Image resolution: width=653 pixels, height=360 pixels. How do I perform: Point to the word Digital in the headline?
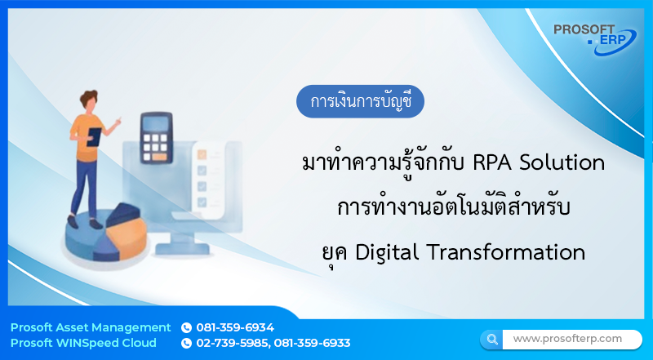coord(382,252)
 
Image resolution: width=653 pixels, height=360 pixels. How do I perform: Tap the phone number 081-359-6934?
coord(235,327)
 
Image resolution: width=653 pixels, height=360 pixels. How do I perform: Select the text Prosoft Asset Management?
coord(91,327)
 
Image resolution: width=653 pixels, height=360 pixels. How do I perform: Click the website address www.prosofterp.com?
coord(566,338)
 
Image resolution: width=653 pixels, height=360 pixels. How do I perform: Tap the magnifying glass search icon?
coord(491,339)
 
